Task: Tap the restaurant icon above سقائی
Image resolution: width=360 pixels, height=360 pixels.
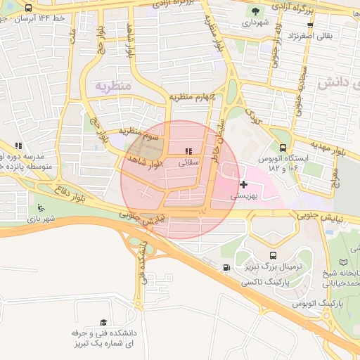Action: (188, 151)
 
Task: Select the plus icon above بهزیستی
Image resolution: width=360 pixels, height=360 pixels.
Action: (244, 185)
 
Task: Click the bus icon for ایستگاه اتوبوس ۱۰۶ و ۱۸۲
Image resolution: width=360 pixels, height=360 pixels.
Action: (283, 148)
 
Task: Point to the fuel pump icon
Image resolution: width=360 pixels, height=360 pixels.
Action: (226, 267)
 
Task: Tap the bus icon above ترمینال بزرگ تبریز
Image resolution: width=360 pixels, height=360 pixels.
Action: (273, 256)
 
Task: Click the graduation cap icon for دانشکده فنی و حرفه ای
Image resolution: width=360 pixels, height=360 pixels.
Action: (105, 322)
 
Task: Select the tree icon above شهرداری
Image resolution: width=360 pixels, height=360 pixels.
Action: (255, 11)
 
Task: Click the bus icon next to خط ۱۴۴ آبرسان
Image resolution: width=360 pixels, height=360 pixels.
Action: (27, 8)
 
